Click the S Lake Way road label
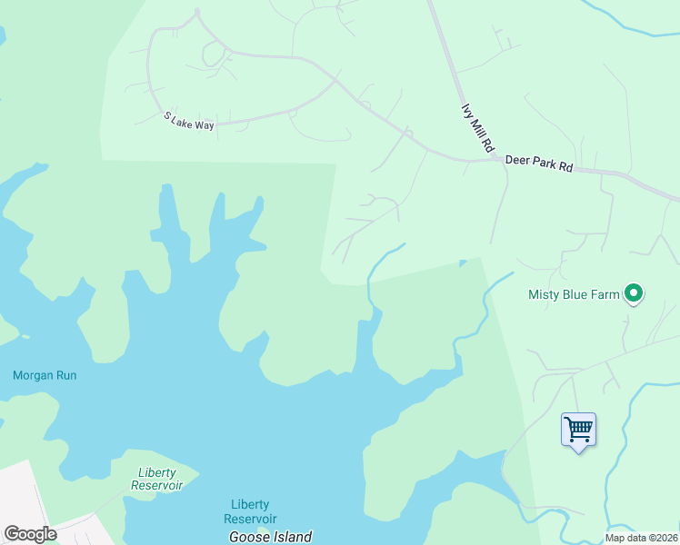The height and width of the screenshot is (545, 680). coord(189,121)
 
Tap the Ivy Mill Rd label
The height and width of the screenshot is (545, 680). coord(477,127)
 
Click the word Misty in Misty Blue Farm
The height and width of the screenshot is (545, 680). coord(545,294)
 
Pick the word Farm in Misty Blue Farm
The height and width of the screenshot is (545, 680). coord(607,294)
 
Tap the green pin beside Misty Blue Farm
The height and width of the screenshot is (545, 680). coord(635,292)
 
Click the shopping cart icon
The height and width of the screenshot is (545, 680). coord(578,428)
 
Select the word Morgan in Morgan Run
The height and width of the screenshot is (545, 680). coord(32,375)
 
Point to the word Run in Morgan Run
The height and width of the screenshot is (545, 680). coord(65,375)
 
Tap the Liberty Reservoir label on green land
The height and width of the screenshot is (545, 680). coord(160,479)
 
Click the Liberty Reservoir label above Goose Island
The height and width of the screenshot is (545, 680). coord(250,511)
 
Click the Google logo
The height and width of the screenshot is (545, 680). coord(30,534)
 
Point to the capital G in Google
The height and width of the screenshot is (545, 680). coord(12,533)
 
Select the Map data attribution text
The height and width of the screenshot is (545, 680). coord(642,538)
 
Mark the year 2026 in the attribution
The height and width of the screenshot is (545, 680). coord(666,538)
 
